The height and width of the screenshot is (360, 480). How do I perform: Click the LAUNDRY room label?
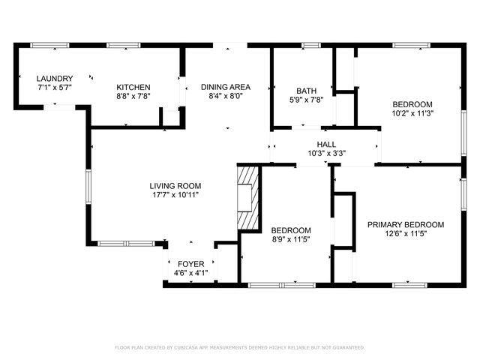[x=55, y=78]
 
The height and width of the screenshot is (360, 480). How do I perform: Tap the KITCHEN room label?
[x=133, y=87]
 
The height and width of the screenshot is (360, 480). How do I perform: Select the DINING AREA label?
[x=225, y=87]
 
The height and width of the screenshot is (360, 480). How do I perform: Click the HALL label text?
[x=326, y=145]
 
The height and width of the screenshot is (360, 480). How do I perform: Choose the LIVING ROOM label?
[x=175, y=186]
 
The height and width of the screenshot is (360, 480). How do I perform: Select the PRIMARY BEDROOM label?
[x=405, y=224]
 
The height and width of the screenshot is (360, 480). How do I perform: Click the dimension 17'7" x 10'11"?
[x=175, y=195]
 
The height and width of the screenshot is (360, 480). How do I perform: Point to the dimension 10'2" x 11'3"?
[x=412, y=113]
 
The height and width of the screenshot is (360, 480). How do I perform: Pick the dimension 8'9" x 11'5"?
[x=290, y=239]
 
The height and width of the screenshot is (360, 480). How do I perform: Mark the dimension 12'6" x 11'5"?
[x=405, y=233]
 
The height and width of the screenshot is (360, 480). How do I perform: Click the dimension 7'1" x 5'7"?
[x=55, y=87]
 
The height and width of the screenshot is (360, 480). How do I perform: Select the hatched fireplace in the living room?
[x=247, y=198]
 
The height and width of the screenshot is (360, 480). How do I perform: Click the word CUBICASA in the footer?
[x=198, y=348]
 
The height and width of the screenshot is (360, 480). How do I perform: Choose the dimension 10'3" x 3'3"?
[x=326, y=154]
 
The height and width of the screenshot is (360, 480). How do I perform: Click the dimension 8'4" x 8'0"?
[x=225, y=96]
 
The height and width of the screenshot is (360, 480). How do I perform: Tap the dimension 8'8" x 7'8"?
[x=133, y=96]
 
